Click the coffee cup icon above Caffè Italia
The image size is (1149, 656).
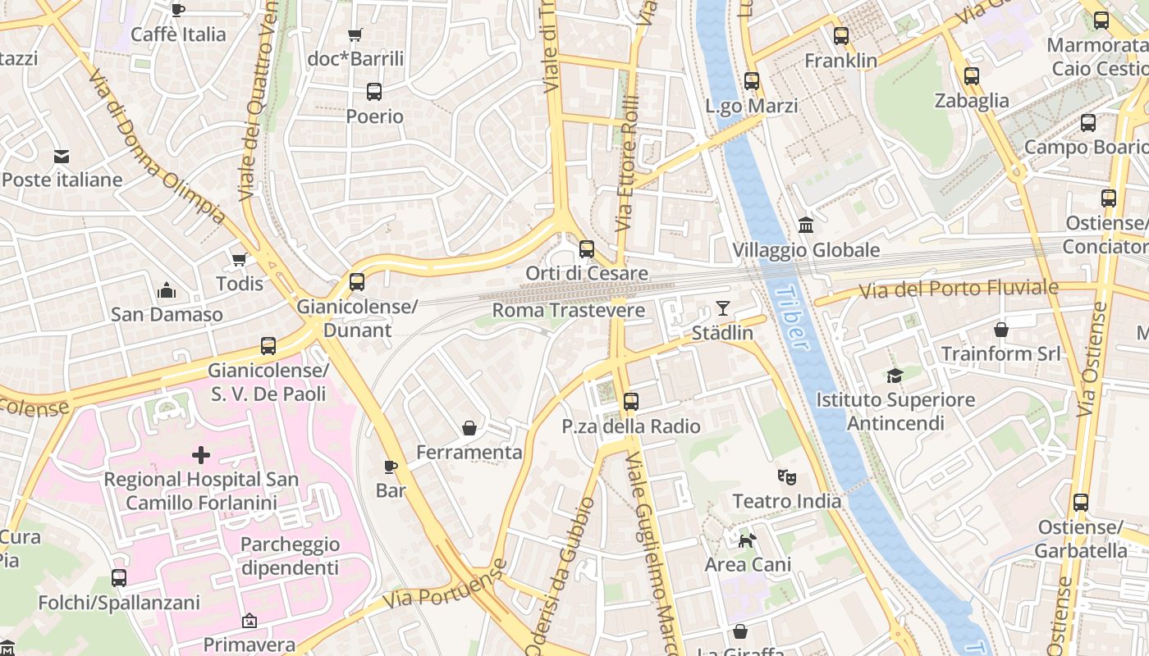(x=177, y=10)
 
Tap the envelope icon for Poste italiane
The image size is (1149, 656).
(x=62, y=157)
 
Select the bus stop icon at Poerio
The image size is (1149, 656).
(x=374, y=92)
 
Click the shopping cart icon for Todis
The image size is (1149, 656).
(x=240, y=260)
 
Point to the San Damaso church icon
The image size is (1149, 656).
(x=167, y=291)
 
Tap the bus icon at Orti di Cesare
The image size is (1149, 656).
(x=587, y=249)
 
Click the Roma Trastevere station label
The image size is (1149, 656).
(x=568, y=311)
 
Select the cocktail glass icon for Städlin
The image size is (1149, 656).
(x=722, y=308)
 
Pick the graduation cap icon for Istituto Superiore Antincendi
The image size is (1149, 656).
(x=895, y=376)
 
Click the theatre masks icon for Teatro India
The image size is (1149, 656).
(x=786, y=476)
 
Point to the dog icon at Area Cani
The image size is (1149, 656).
(x=748, y=540)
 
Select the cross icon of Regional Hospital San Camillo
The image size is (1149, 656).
(x=201, y=455)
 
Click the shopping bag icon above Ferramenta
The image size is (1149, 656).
(x=469, y=428)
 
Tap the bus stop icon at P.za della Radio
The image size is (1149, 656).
(x=630, y=402)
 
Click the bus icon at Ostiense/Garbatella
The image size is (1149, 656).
(x=1081, y=503)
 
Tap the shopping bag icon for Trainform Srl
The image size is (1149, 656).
(x=1001, y=330)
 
